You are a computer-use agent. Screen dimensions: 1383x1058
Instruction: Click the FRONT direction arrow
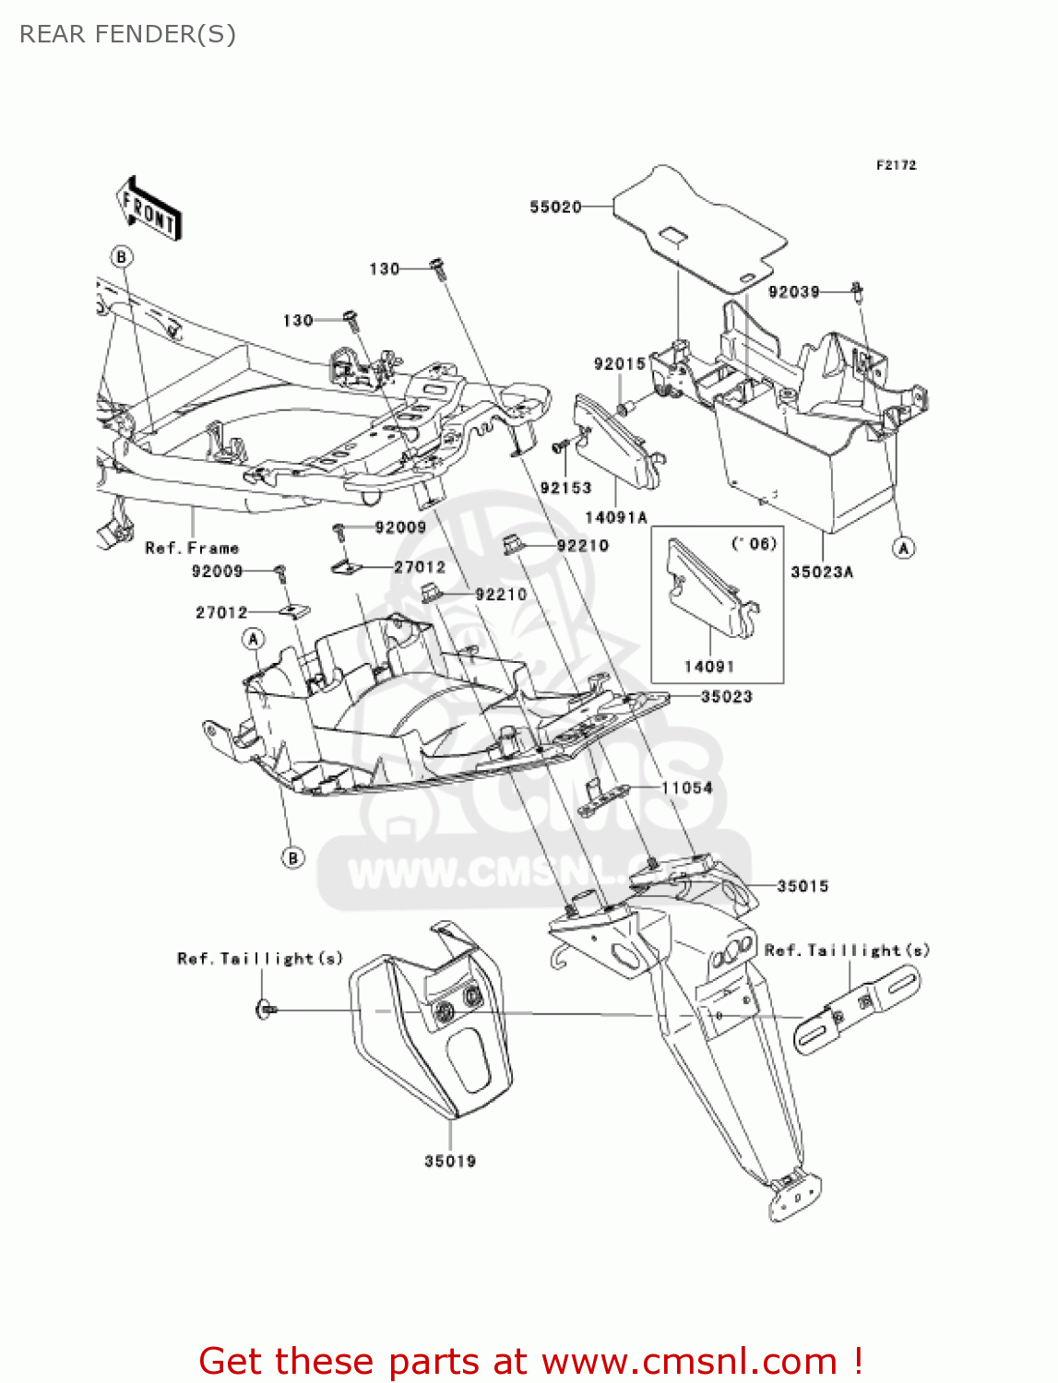click(x=149, y=209)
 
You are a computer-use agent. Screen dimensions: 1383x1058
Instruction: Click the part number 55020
click(x=555, y=207)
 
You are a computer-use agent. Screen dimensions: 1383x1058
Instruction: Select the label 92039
click(x=793, y=292)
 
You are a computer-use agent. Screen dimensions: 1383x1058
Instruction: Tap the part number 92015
click(x=620, y=364)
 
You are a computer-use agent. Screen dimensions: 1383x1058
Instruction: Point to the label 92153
click(x=565, y=488)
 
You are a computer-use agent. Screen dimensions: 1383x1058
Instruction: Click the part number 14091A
click(x=616, y=518)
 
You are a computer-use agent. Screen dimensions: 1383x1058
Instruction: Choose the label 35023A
click(x=822, y=572)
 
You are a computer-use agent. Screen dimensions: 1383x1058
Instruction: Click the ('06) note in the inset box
click(x=754, y=544)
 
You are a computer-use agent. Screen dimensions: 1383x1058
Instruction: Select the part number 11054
click(x=687, y=788)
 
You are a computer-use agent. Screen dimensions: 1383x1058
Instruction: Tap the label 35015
click(x=802, y=887)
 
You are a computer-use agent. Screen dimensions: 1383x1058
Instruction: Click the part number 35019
click(x=450, y=1162)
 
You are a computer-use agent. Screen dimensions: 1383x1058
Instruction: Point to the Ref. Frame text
click(x=192, y=549)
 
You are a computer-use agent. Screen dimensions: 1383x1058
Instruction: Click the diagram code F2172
click(x=896, y=165)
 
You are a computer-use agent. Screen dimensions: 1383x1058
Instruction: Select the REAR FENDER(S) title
click(x=127, y=34)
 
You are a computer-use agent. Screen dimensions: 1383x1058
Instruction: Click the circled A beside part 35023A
click(x=904, y=548)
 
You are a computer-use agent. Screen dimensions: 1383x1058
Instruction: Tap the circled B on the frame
click(x=121, y=256)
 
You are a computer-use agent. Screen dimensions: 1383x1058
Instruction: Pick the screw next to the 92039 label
click(x=857, y=292)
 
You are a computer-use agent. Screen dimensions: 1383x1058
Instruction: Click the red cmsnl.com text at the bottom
click(x=530, y=1362)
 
